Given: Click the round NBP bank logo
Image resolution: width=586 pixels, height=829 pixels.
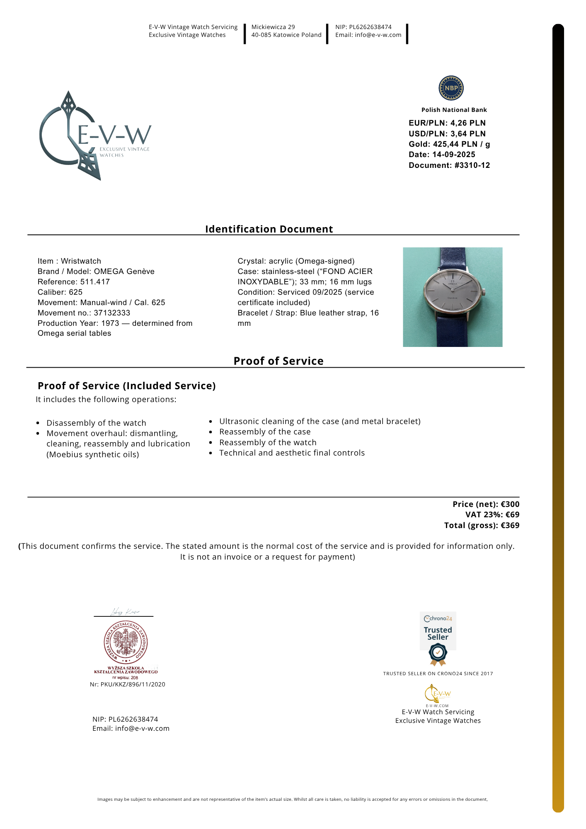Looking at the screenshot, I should click(451, 88).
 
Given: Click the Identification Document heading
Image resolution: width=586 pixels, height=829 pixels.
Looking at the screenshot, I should click(269, 229).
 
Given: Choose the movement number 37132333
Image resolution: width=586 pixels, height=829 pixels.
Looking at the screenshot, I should click(112, 313).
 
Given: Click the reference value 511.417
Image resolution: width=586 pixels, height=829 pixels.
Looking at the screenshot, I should click(95, 282).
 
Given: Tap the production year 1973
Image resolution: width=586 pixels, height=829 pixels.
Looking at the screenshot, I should click(110, 323).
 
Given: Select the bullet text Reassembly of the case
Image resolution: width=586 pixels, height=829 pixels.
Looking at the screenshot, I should click(265, 432).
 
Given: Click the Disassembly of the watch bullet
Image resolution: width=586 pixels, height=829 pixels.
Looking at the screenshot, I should click(96, 423).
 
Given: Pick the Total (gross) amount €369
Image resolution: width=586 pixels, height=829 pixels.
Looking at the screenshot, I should click(510, 526).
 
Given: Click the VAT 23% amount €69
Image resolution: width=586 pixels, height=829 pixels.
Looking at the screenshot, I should click(512, 515).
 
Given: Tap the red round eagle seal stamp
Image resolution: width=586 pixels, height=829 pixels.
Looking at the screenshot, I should click(126, 642).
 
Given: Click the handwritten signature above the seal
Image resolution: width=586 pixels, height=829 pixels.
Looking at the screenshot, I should click(125, 612).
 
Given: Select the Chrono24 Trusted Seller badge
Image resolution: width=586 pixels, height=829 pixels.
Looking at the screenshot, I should click(438, 638).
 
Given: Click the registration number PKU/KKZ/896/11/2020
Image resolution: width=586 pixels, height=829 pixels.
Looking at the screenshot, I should click(133, 684).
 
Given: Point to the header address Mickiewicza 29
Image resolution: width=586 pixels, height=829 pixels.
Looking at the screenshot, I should click(273, 27).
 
